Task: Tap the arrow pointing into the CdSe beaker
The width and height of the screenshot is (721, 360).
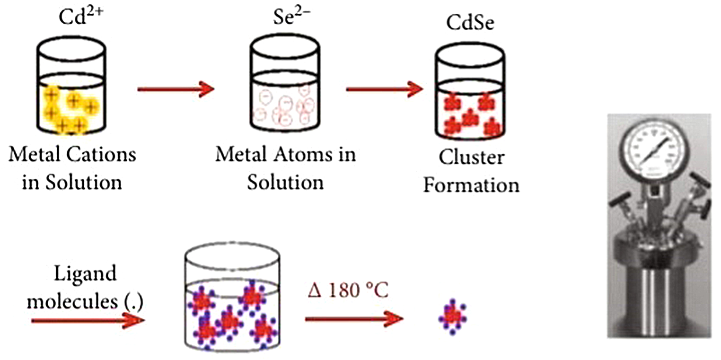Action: [385, 88]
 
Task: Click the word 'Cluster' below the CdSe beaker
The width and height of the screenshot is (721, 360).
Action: [471, 158]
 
